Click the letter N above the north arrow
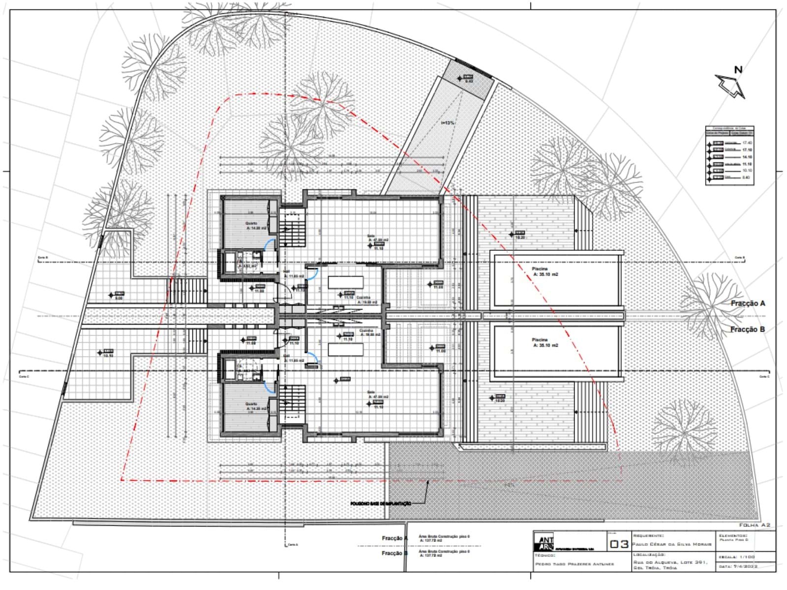738,70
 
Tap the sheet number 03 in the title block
619,544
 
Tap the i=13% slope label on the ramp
448,123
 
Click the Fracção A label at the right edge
748,304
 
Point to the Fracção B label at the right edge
748,329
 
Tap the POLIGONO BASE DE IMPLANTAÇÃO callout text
380,504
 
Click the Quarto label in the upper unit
251,224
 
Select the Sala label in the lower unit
371,392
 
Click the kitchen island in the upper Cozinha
345,282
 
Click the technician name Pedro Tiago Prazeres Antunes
575,564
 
